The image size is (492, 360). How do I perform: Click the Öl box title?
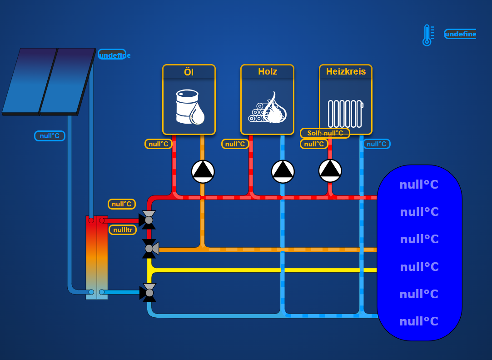click(189, 72)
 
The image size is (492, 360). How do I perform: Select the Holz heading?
click(267, 72)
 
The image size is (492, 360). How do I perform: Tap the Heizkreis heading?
click(345, 72)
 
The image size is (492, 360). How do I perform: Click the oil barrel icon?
click(190, 107)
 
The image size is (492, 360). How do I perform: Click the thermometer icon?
click(427, 35)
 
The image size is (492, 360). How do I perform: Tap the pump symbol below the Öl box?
click(203, 171)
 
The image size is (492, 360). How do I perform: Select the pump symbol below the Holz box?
click(283, 171)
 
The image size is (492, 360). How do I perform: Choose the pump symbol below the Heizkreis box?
click(330, 170)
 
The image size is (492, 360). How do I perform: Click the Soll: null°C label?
click(325, 133)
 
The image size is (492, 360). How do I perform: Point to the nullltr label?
click(123, 230)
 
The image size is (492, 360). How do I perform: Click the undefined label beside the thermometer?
click(460, 34)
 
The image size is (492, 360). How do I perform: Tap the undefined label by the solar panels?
click(112, 55)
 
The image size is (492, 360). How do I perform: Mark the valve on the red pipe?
click(148, 220)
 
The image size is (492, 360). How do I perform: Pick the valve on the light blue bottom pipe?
click(149, 293)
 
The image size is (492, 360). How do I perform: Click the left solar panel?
click(30, 80)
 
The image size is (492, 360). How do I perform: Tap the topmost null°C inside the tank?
click(418, 185)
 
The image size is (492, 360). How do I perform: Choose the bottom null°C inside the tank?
click(418, 321)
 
